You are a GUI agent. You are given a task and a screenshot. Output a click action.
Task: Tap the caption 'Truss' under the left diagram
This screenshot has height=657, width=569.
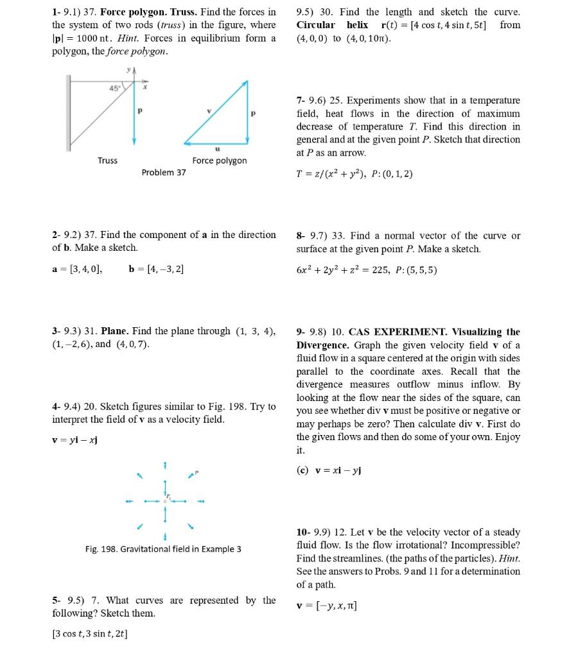(107, 160)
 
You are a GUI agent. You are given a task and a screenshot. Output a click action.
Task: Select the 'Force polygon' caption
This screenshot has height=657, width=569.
(219, 160)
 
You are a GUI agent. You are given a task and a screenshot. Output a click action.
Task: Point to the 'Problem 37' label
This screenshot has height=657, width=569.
(164, 173)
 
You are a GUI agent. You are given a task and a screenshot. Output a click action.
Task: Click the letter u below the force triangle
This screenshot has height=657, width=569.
(215, 147)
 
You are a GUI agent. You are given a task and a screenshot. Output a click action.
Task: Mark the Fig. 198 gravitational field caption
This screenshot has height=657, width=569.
(163, 549)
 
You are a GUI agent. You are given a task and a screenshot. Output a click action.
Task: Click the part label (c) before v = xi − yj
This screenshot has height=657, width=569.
(303, 470)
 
